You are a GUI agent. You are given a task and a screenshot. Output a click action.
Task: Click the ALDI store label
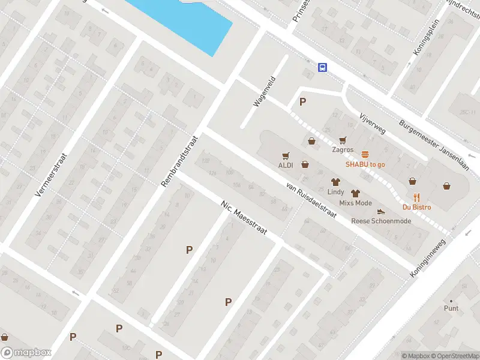285,165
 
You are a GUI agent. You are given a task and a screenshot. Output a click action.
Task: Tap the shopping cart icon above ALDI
286,154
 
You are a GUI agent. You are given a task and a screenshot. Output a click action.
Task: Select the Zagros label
343,150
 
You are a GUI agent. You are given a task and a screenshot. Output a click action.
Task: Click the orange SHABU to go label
365,164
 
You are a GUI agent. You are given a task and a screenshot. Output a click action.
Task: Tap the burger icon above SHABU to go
365,154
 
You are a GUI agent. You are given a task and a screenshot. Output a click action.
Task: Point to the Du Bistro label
416,207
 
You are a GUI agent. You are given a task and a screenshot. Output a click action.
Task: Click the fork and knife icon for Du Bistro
416,197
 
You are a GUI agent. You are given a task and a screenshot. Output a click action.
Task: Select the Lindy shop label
335,192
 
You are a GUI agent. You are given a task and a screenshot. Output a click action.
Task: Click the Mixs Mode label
355,203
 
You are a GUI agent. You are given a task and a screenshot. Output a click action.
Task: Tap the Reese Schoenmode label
381,221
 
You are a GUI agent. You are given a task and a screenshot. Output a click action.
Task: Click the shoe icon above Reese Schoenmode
381,211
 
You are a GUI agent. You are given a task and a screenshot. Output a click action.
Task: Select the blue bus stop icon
323,67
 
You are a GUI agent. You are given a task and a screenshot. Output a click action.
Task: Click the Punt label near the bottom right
451,308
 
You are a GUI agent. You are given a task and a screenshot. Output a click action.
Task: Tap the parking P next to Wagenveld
303,101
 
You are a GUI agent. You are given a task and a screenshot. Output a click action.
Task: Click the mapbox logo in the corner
26,353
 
